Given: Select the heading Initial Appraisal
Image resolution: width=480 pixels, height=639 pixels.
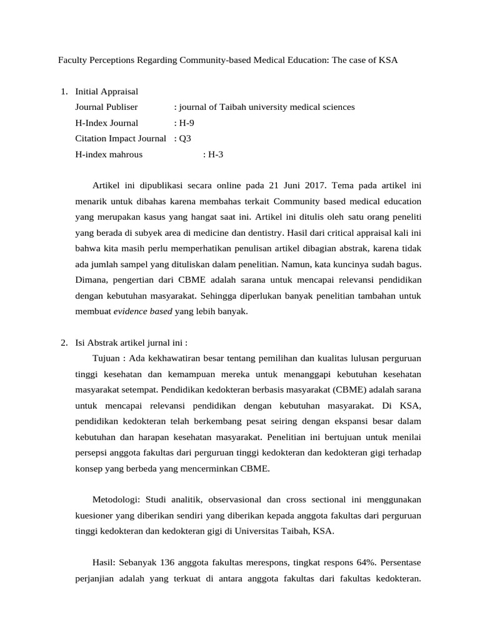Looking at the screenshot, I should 106,92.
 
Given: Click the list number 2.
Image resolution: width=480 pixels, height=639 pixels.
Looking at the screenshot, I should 64,343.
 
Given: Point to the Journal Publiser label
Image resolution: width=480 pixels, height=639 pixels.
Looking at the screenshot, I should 106,107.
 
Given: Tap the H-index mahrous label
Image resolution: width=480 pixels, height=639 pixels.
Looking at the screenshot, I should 109,154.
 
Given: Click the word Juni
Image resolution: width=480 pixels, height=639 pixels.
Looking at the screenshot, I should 289,185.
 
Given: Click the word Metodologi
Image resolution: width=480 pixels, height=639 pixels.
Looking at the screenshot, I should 117,499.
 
